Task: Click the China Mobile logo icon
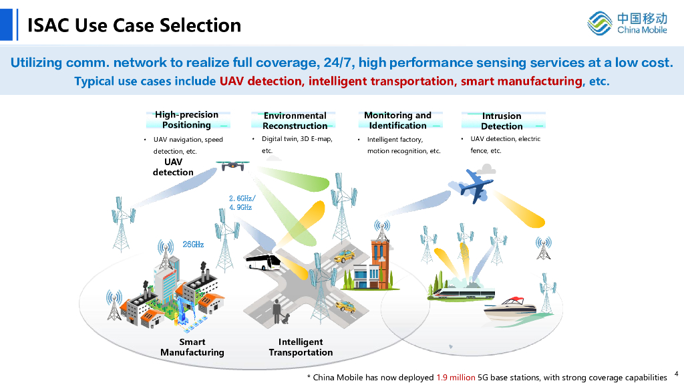click(x=600, y=23)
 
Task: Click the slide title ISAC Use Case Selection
click(x=134, y=25)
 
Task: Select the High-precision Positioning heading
click(x=186, y=120)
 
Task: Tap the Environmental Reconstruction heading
click(x=295, y=120)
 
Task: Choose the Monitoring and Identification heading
click(x=397, y=120)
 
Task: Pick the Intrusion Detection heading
click(x=502, y=121)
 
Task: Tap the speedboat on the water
click(x=511, y=310)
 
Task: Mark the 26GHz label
click(x=193, y=245)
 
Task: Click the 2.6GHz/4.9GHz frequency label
click(x=240, y=203)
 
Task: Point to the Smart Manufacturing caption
click(x=192, y=347)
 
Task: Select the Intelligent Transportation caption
click(x=301, y=347)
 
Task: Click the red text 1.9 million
click(x=456, y=378)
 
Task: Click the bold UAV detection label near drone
click(x=173, y=167)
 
